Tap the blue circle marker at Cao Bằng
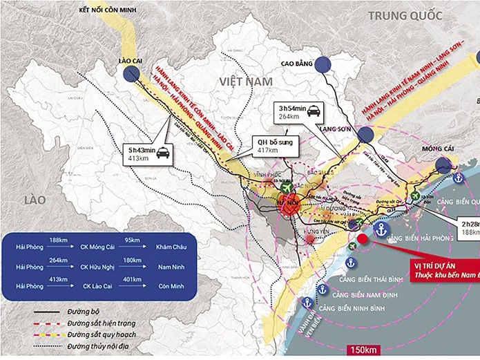click(325, 64)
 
